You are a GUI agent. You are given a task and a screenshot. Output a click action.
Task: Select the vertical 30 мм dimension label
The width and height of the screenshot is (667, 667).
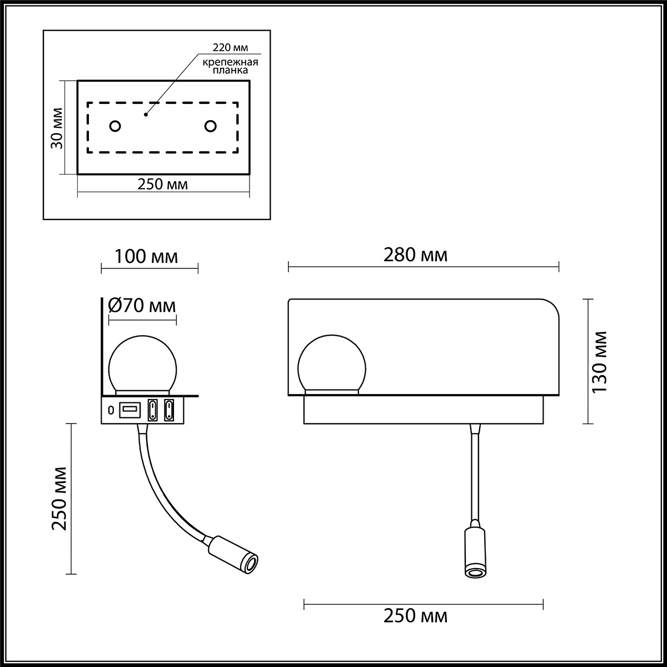pos(56,127)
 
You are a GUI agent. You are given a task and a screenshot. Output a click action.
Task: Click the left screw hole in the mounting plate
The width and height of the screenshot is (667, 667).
pos(115,126)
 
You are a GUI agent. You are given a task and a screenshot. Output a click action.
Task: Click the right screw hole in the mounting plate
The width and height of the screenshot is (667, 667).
pos(210,126)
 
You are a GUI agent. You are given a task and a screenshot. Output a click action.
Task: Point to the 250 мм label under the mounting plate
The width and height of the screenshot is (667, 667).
pos(162,185)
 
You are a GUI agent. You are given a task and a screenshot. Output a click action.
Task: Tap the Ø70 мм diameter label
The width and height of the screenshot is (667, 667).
pos(142,305)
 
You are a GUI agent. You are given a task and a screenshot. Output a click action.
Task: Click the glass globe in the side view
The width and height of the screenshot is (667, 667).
pos(143,365)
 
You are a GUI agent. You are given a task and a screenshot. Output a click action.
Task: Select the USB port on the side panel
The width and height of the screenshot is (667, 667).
pos(130,410)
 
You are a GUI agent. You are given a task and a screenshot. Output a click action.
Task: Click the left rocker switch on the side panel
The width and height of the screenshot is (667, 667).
pos(152,410)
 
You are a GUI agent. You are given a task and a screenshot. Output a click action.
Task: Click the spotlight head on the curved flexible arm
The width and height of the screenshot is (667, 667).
pos(233,554)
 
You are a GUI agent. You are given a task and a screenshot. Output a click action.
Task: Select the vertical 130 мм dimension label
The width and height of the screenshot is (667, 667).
pos(600,362)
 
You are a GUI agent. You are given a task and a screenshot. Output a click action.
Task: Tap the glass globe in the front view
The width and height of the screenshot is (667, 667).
pos(332,365)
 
